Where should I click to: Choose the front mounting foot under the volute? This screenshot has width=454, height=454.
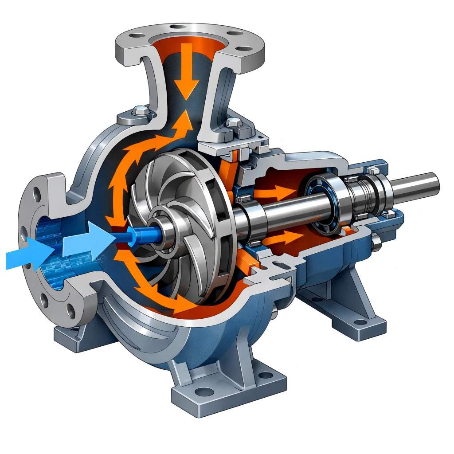(x=222, y=390)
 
